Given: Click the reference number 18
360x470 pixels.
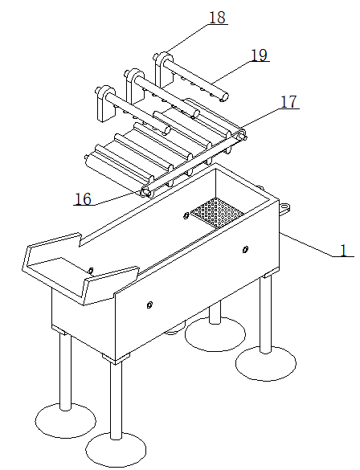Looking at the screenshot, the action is [x=217, y=18].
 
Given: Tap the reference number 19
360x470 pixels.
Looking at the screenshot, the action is [x=259, y=55].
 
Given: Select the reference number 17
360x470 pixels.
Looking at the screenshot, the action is [x=288, y=102].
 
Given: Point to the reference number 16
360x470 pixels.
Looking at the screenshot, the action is [x=83, y=198].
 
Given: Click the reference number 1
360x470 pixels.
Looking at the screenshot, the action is [x=343, y=250].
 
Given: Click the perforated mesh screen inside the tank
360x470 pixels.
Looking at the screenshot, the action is [x=217, y=213].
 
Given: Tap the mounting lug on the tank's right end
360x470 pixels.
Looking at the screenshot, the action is [x=285, y=207].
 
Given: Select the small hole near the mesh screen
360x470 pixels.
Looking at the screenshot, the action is [x=186, y=215].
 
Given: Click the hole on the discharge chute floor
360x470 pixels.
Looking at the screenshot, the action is [x=91, y=271].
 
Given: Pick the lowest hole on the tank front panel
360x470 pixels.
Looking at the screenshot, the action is [x=149, y=304].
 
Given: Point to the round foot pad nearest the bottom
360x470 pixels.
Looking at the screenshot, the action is [x=116, y=449].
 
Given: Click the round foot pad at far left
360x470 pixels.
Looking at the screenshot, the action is [x=66, y=420].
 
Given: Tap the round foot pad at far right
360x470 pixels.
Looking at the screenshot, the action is [x=266, y=363].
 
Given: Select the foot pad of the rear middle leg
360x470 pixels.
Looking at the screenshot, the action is [x=215, y=333].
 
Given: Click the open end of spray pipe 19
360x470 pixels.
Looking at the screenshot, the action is [x=224, y=97].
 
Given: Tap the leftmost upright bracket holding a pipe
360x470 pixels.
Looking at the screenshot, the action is [x=105, y=104].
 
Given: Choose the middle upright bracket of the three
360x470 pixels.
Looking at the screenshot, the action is [x=135, y=85].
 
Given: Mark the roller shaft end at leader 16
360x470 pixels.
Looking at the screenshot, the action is [x=145, y=193].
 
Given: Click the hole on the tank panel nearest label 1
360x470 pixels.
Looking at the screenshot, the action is [x=245, y=249].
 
